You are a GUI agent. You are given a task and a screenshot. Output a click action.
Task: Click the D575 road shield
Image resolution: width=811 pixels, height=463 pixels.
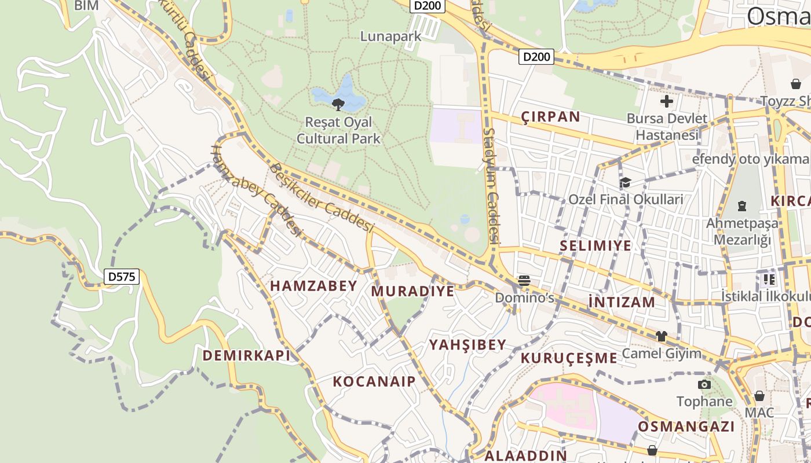(122, 277)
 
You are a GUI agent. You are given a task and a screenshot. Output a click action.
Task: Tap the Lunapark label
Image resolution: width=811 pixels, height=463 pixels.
(390, 36)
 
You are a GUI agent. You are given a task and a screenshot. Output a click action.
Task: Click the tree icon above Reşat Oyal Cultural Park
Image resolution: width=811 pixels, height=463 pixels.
(338, 104)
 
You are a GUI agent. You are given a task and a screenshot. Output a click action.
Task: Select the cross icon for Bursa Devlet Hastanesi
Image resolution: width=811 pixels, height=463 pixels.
(667, 102)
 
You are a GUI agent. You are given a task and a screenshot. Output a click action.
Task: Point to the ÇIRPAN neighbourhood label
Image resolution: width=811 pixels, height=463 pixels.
(550, 117)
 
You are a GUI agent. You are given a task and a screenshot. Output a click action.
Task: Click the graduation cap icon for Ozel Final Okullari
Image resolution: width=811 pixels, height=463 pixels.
(625, 183)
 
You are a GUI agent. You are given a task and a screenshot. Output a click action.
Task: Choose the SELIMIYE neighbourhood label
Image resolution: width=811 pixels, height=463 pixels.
(596, 246)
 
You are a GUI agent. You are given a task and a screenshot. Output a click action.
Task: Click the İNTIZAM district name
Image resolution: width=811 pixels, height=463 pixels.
(622, 302)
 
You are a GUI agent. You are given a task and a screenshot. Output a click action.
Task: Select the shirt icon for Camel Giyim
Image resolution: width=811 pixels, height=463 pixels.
(661, 336)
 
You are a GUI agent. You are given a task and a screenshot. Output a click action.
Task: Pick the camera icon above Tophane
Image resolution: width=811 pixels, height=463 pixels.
(704, 384)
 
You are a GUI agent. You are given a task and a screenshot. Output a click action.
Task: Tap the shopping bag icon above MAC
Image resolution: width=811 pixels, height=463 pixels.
(759, 396)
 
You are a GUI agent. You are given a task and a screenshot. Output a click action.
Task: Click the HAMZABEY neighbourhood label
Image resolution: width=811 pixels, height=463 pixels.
(313, 286)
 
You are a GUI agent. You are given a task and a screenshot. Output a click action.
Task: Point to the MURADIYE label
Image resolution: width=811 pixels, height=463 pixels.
(412, 291)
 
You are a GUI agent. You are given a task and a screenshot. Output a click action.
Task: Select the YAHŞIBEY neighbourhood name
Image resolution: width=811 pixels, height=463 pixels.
(467, 345)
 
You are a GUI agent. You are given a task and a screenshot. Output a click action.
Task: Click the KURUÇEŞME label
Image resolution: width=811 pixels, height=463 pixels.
(569, 358)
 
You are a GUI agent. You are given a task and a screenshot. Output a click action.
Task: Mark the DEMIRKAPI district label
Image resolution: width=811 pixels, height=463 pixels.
(246, 355)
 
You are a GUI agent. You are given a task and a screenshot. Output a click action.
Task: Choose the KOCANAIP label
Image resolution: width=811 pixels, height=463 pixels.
(374, 381)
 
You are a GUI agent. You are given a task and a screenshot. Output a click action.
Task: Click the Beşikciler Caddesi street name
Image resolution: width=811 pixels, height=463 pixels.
(322, 197)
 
